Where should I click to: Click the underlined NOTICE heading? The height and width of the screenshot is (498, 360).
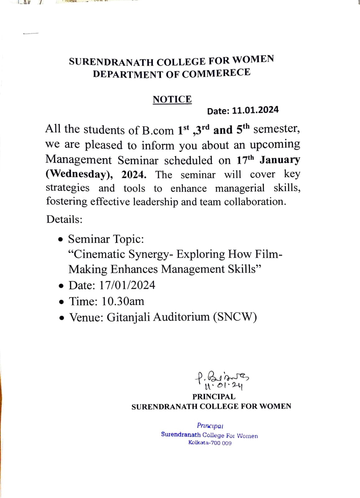pos(172,99)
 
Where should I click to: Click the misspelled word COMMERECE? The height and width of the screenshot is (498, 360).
pos(216,73)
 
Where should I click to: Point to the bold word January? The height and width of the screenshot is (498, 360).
pos(280,160)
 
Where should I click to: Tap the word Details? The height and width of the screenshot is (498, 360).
pos(64,219)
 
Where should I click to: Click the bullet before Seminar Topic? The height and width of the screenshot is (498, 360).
pos(61,240)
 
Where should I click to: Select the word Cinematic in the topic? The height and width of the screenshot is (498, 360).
pos(99,254)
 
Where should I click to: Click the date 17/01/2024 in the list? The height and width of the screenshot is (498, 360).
pos(127,285)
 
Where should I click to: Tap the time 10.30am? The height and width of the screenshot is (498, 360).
pos(123,301)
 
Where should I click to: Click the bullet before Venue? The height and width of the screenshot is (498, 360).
pos(63,318)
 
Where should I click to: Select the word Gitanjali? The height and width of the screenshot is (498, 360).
pos(128,317)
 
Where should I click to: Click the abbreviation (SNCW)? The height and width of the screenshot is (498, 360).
pos(235,317)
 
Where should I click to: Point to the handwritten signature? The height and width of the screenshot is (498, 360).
pos(222,380)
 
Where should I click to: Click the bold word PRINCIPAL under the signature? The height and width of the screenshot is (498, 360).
pos(214,397)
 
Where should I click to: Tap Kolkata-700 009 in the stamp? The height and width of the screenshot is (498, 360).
pos(210,443)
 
